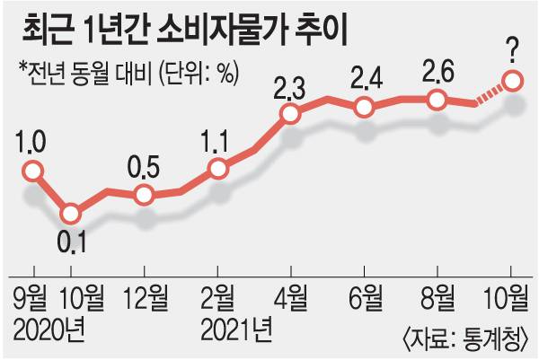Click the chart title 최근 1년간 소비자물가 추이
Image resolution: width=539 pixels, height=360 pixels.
tap(185, 31)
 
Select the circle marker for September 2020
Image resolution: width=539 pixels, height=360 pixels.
tap(34, 171)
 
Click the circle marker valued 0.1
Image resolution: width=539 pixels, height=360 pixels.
tap(71, 214)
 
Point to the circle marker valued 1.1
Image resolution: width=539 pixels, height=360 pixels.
tap(217, 168)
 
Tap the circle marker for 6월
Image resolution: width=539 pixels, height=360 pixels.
tap(365, 108)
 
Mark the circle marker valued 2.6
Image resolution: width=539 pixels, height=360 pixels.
tap(437, 100)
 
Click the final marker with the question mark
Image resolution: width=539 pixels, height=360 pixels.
tap(512, 82)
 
